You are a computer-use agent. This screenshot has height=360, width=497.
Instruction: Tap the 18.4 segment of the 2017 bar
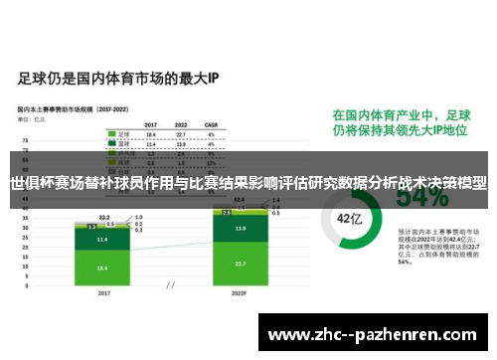[x=102, y=268]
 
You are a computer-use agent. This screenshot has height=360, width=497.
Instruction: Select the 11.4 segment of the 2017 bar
[x=102, y=240]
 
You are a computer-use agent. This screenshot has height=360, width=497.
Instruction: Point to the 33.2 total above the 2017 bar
[x=103, y=217]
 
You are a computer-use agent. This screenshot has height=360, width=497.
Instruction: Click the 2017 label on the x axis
[x=102, y=294]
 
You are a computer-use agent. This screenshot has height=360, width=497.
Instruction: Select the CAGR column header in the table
[x=211, y=124]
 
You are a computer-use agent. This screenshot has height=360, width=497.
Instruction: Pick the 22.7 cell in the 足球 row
[x=181, y=133]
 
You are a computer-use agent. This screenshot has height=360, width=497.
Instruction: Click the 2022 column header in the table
[x=181, y=124]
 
